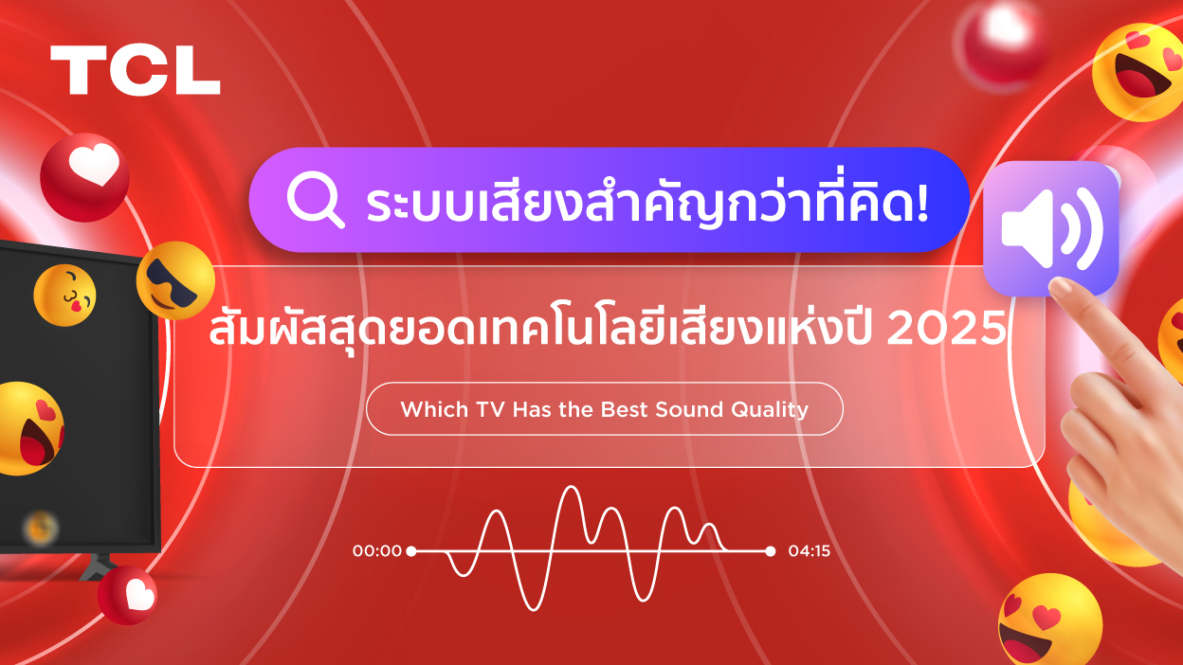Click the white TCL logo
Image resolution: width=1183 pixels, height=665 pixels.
point(135,70)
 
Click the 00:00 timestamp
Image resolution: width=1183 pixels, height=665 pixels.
point(377,550)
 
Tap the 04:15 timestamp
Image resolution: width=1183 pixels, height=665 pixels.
point(809,550)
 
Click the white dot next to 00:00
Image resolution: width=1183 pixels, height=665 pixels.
point(411,550)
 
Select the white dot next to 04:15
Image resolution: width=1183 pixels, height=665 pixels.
point(770,550)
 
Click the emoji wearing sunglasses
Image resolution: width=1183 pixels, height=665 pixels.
point(175,280)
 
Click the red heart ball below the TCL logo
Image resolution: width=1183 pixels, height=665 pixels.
point(84,176)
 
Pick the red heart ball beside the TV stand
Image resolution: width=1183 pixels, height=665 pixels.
point(129,596)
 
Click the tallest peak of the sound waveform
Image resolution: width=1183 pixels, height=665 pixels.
point(571,489)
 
